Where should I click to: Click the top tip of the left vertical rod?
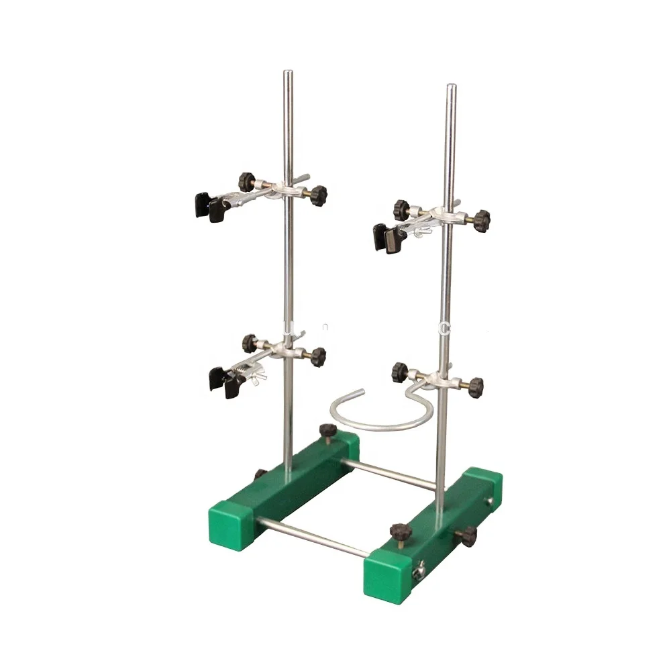[x=287, y=72]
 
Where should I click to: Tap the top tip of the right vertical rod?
[x=452, y=87]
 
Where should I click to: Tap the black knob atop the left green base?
[x=328, y=431]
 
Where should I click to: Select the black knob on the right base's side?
[x=468, y=535]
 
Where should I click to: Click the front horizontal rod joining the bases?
[x=312, y=537]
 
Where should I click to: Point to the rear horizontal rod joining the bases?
[x=396, y=474]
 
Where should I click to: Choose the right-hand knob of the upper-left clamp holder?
[x=317, y=195]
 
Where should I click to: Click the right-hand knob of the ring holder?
[x=474, y=386]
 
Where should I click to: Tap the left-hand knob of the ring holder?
[x=401, y=370]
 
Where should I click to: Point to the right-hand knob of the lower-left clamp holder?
[x=316, y=356]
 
